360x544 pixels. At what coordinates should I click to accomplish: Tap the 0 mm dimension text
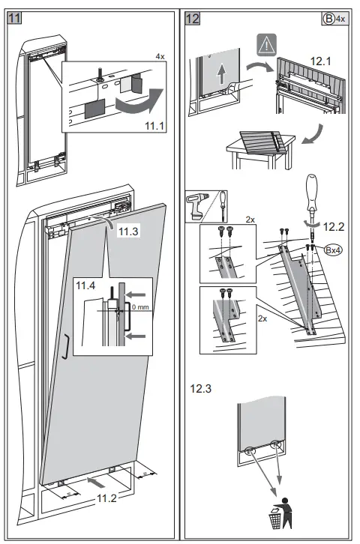(141, 308)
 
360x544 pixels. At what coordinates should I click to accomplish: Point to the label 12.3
(201, 390)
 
